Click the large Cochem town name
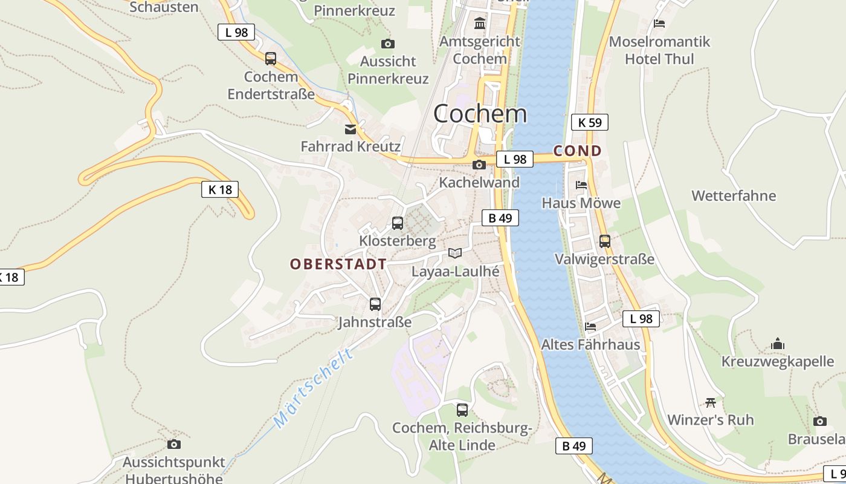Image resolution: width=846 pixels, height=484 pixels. pyautogui.click(x=480, y=114)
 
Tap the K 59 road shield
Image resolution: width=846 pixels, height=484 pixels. pyautogui.click(x=589, y=122)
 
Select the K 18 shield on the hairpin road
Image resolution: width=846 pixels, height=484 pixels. pyautogui.click(x=220, y=189)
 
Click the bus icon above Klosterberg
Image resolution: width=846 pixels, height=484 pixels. pyautogui.click(x=398, y=223)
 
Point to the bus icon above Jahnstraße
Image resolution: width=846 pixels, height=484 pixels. pyautogui.click(x=375, y=304)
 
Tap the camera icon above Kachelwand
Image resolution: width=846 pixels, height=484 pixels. pyautogui.click(x=479, y=165)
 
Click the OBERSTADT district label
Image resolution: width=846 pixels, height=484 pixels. pyautogui.click(x=338, y=264)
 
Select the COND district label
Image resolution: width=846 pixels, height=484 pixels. pyautogui.click(x=578, y=151)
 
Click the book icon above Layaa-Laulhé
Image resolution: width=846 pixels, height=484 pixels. pyautogui.click(x=455, y=253)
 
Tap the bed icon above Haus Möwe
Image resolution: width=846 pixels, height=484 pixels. pyautogui.click(x=581, y=185)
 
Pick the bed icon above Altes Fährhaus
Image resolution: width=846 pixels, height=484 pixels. pyautogui.click(x=590, y=327)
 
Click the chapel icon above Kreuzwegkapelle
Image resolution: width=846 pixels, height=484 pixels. pyautogui.click(x=778, y=344)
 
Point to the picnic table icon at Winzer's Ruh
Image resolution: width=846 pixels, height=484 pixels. pyautogui.click(x=711, y=402)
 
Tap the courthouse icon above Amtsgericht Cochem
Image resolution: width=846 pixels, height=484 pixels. pyautogui.click(x=480, y=24)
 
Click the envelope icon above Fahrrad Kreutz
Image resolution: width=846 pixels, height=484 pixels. pyautogui.click(x=350, y=129)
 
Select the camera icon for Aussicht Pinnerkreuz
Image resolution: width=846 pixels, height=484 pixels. pyautogui.click(x=388, y=44)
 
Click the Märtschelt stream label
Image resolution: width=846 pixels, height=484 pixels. pyautogui.click(x=313, y=388)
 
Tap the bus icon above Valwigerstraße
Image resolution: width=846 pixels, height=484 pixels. pyautogui.click(x=605, y=241)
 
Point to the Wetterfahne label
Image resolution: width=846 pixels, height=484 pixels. pyautogui.click(x=734, y=196)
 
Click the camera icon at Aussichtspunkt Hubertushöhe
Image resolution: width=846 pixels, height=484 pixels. pyautogui.click(x=174, y=445)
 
